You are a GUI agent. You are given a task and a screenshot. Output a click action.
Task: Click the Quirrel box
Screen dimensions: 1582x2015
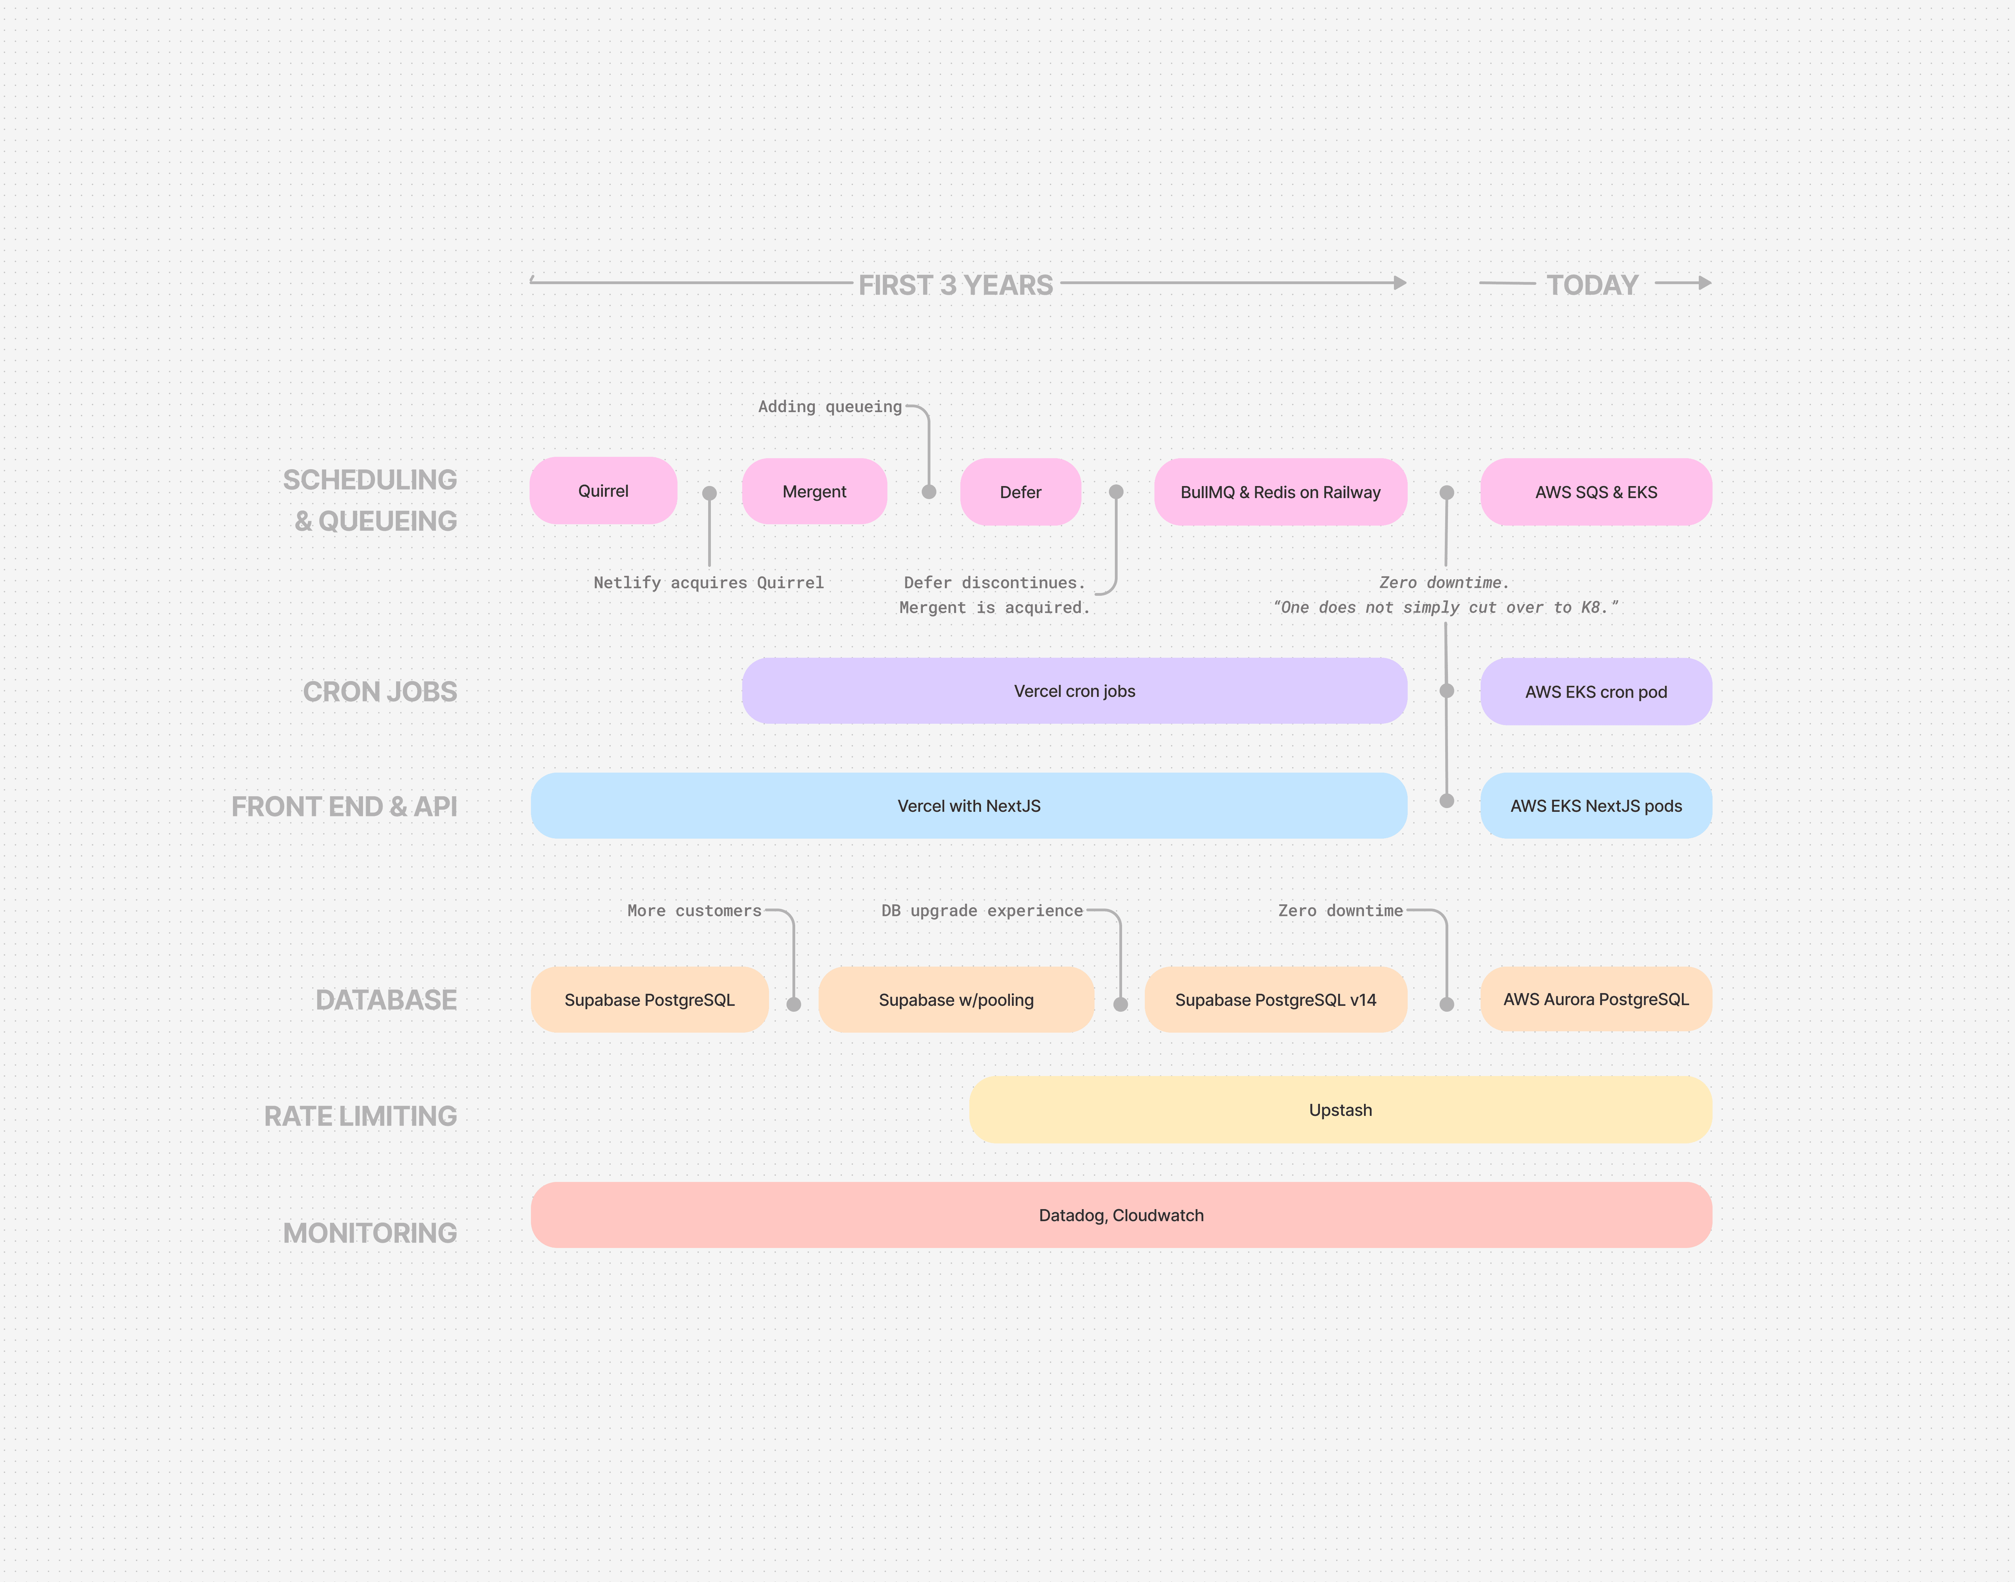tap(603, 491)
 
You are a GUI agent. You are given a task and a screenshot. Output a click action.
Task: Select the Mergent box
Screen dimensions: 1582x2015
tap(814, 492)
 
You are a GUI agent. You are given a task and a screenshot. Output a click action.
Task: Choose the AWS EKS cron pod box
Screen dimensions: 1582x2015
tap(1595, 692)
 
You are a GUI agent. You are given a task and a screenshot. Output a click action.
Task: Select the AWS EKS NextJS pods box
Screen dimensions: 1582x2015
tap(1595, 806)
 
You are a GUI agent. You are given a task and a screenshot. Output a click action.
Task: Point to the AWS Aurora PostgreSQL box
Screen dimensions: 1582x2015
tap(1595, 999)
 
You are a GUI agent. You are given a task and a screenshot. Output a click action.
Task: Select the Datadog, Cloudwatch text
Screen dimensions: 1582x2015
tap(1121, 1215)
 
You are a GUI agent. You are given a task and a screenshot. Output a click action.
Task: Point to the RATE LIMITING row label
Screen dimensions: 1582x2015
tap(360, 1116)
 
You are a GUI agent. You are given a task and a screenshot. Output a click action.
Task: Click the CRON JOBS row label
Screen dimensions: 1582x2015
tap(380, 692)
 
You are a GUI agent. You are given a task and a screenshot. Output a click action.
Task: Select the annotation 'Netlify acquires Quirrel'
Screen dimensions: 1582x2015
tap(709, 583)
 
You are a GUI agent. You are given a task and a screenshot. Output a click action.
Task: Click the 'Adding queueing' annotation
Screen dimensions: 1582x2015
tap(829, 407)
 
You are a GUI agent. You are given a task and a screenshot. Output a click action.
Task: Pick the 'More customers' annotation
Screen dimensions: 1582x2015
tap(694, 911)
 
